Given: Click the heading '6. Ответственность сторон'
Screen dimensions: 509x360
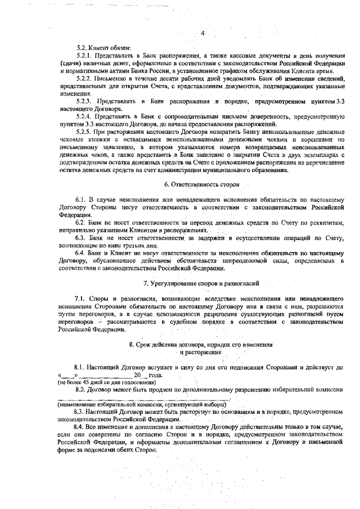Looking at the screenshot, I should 202,184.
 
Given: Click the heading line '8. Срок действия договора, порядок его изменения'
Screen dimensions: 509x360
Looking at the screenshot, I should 201,344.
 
